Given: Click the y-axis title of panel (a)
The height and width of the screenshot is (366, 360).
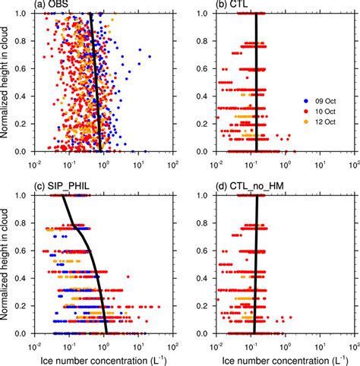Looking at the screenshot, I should coord(7,82).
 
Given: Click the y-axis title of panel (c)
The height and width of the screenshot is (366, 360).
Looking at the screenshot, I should coord(7,264).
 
